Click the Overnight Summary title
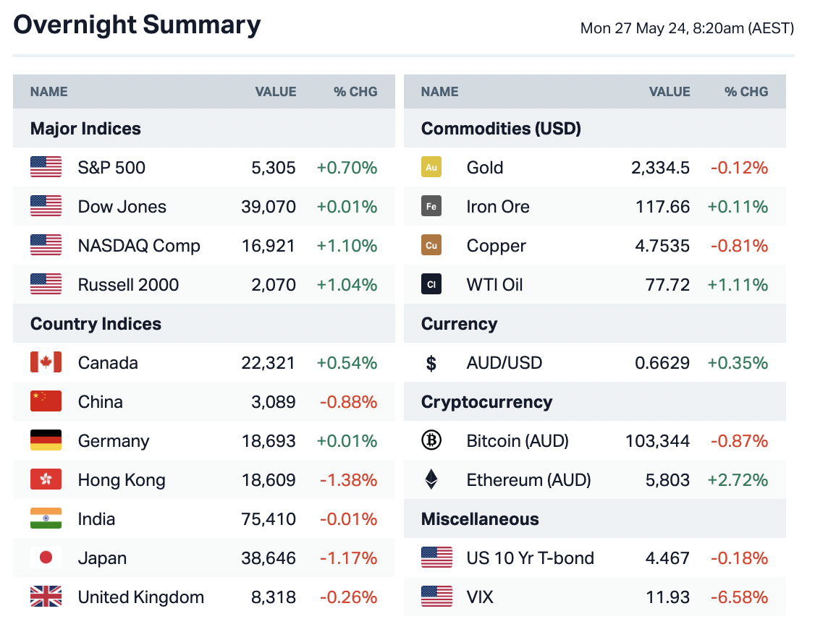click(137, 25)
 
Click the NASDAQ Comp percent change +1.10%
click(347, 246)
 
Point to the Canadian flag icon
click(46, 362)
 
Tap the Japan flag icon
click(46, 558)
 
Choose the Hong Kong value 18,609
click(269, 480)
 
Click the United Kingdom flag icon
click(46, 597)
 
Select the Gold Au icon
click(431, 168)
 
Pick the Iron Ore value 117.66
click(662, 207)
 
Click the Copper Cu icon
click(431, 246)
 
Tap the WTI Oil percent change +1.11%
click(738, 285)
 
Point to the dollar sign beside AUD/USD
click(431, 363)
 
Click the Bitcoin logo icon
click(431, 440)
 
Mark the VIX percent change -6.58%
click(739, 597)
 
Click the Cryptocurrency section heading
click(486, 402)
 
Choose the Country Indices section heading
click(96, 324)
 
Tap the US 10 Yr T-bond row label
click(530, 558)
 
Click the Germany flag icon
click(46, 440)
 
